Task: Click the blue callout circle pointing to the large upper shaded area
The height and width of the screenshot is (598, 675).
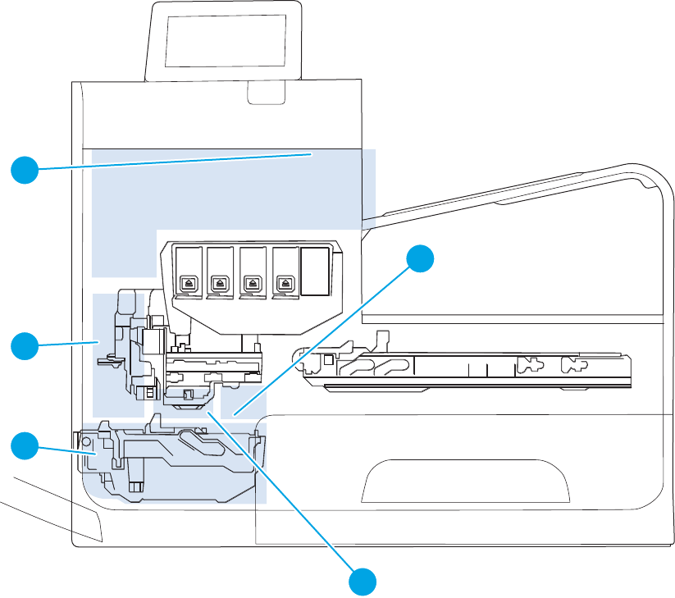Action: pyautogui.click(x=25, y=170)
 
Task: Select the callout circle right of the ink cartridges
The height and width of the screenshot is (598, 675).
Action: pyautogui.click(x=420, y=258)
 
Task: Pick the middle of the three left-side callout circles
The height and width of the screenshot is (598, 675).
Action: pyautogui.click(x=25, y=345)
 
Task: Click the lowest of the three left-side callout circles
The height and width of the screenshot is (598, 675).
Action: pyautogui.click(x=25, y=447)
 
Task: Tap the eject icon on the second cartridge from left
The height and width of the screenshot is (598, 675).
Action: pyautogui.click(x=219, y=281)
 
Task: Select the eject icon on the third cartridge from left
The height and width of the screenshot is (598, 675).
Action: pyautogui.click(x=252, y=281)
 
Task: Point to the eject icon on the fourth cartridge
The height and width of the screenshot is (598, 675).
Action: pyautogui.click(x=285, y=281)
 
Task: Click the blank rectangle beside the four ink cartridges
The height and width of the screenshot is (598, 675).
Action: pyautogui.click(x=315, y=272)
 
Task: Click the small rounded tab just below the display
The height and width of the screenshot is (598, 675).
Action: pyautogui.click(x=267, y=95)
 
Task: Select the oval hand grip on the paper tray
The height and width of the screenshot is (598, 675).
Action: pyautogui.click(x=466, y=481)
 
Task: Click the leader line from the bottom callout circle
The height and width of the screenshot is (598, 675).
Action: pyautogui.click(x=279, y=492)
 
